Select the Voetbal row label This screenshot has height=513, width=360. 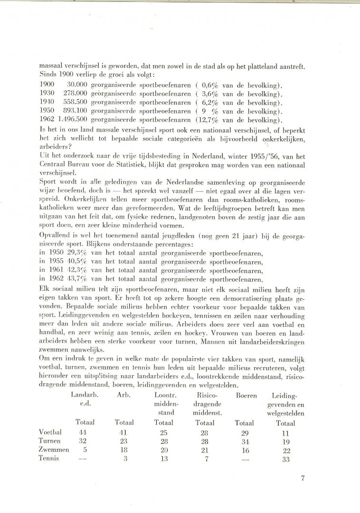click(50, 432)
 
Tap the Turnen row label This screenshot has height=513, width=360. click(50, 441)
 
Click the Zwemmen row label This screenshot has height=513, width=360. click(53, 449)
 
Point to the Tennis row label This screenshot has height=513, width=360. click(49, 458)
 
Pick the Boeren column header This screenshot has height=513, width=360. click(246, 395)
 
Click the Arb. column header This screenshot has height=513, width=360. click(123, 395)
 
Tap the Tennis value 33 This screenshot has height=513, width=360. click(285, 458)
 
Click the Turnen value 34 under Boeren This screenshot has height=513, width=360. click(245, 441)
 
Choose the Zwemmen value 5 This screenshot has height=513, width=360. click(85, 449)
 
